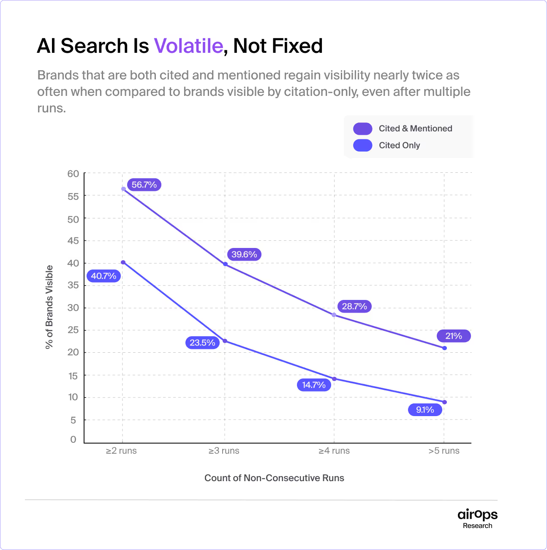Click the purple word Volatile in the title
(188, 46)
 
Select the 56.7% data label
(144, 185)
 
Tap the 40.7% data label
(103, 276)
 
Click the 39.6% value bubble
(244, 254)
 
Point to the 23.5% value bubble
(202, 343)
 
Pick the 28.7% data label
(354, 306)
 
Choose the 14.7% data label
(314, 385)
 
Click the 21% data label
(454, 336)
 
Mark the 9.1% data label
(425, 410)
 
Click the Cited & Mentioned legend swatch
(363, 128)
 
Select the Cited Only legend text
(399, 145)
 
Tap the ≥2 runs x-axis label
(121, 451)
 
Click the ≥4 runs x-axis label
(334, 451)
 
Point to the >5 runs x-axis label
(444, 451)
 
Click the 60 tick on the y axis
(73, 174)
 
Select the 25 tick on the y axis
(73, 330)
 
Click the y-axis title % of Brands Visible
(49, 307)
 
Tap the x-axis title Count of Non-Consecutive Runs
(274, 478)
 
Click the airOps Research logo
(477, 518)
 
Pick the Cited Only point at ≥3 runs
(225, 341)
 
